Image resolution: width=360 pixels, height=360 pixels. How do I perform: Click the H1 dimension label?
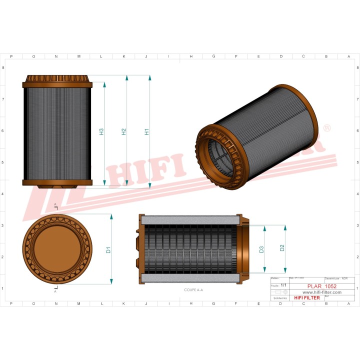[x=146, y=132]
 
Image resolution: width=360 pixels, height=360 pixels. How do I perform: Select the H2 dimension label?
[x=123, y=132]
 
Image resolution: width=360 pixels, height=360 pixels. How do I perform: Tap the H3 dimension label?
[x=101, y=132]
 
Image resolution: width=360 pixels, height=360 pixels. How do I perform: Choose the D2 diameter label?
[x=282, y=247]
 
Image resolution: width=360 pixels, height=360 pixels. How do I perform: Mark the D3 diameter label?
[x=261, y=249]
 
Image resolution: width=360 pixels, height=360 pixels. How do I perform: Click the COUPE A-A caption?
[x=193, y=290]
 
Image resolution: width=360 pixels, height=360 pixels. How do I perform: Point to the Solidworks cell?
[x=279, y=297]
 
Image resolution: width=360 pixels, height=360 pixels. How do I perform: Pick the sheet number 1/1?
[x=284, y=284]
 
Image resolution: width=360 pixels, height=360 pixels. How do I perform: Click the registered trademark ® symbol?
[x=327, y=128]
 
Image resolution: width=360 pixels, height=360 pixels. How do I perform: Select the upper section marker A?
[x=55, y=205]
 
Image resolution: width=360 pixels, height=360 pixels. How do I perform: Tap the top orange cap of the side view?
[x=57, y=80]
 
